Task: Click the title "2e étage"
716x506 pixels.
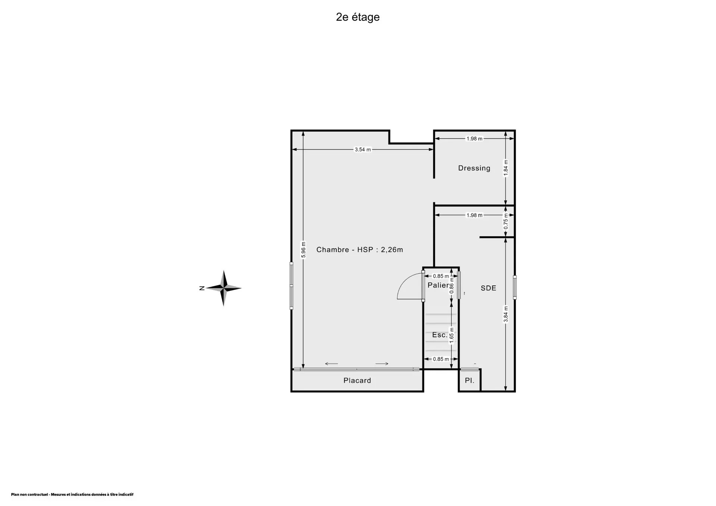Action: (358, 17)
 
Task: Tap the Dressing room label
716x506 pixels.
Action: (474, 168)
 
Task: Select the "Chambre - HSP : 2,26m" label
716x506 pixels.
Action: (359, 250)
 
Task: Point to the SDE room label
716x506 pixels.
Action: (488, 288)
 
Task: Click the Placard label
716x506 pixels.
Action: (357, 380)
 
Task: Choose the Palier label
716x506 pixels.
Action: (438, 285)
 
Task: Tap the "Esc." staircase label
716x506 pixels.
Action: (440, 335)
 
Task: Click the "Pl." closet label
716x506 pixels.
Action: (470, 381)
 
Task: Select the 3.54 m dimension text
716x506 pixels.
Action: (362, 150)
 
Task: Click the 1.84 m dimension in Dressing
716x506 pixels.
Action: (506, 168)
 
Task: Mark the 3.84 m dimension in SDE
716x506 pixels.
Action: (506, 314)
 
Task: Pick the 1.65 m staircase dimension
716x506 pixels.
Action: (452, 335)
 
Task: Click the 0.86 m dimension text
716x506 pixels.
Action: (452, 286)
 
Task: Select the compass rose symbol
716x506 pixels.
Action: (223, 288)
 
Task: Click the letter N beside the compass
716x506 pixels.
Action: (202, 288)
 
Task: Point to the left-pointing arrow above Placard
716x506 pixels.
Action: (332, 364)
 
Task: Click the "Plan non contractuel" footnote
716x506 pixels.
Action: (72, 495)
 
